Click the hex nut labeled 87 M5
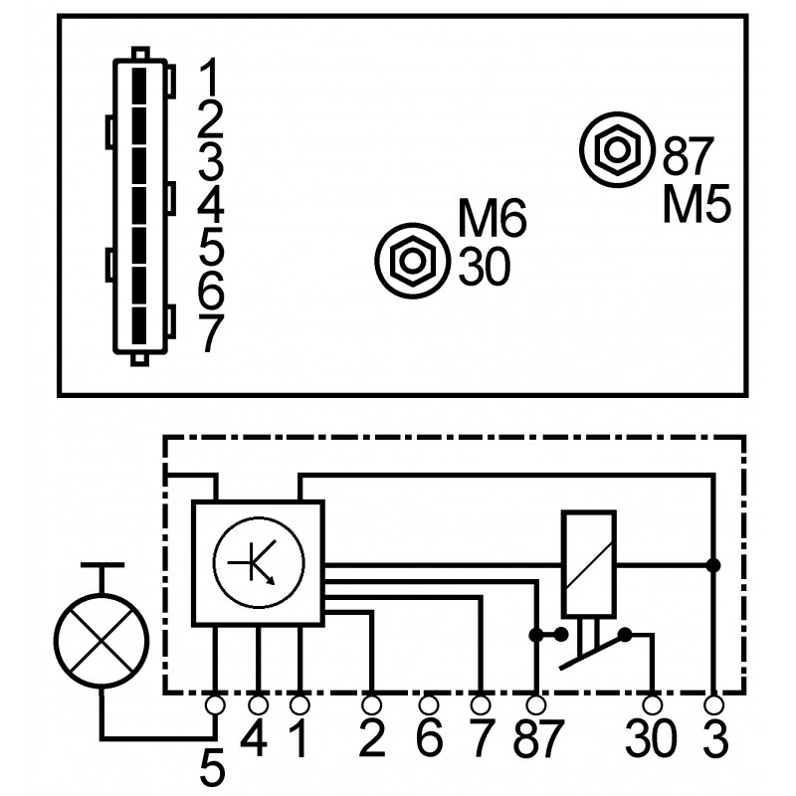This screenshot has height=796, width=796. [x=617, y=150]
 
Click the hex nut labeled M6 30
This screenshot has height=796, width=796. [x=413, y=261]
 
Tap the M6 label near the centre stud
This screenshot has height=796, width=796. [x=492, y=218]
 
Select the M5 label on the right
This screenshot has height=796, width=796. [x=696, y=204]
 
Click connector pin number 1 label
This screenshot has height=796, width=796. [x=210, y=77]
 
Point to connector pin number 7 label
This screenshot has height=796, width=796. [x=211, y=333]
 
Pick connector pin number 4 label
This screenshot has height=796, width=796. [x=211, y=205]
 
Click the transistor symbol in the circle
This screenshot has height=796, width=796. [x=259, y=563]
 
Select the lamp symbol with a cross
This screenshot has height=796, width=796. [x=102, y=641]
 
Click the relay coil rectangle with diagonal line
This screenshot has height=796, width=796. [x=589, y=564]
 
